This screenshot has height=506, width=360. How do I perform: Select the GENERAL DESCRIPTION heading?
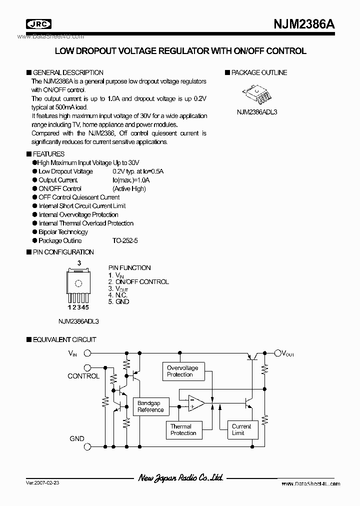[x=68, y=72]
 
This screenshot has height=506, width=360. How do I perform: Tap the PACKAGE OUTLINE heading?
[x=259, y=72]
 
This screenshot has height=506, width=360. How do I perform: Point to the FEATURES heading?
[x=48, y=154]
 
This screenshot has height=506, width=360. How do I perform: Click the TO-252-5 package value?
[x=125, y=240]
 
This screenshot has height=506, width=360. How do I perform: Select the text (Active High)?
[x=129, y=188]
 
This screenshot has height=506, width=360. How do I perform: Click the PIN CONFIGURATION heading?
[x=63, y=252]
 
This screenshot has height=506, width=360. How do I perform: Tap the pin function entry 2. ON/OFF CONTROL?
[x=138, y=281]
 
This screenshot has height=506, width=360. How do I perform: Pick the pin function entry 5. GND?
[x=118, y=301]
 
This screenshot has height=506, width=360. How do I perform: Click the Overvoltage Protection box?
[x=182, y=371]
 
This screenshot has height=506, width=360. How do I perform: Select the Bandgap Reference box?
[x=150, y=406]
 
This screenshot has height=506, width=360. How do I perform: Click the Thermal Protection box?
[x=183, y=429]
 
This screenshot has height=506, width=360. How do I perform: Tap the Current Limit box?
[x=241, y=429]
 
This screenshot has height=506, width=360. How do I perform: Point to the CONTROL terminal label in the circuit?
[x=83, y=376]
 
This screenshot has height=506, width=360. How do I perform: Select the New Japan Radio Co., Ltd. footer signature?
[x=180, y=478]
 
